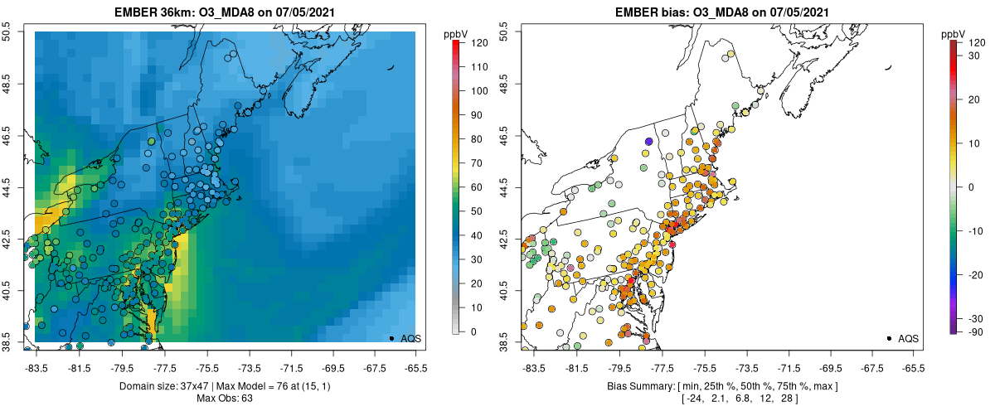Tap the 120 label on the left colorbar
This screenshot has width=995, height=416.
click(x=478, y=41)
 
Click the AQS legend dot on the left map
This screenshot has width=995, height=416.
click(x=391, y=338)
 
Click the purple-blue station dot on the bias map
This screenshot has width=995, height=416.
click(x=648, y=142)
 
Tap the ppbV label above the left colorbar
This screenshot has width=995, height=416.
click(x=455, y=33)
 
